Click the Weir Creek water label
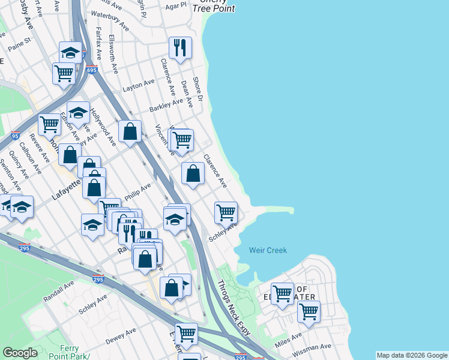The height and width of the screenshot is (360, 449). (x=268, y=250)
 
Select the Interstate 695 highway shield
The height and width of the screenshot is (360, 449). (x=91, y=70)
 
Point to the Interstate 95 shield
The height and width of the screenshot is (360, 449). (x=16, y=136)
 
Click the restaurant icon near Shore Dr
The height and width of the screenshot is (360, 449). (x=180, y=47)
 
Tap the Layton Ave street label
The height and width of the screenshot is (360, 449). (x=139, y=86)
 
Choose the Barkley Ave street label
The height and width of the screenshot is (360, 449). (x=166, y=106)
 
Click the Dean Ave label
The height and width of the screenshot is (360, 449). (x=187, y=94)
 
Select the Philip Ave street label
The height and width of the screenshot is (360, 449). (x=137, y=193)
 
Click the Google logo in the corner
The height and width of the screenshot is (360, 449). (x=20, y=353)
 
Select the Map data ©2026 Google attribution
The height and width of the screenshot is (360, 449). (x=411, y=355)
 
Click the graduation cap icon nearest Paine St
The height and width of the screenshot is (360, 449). (x=71, y=52)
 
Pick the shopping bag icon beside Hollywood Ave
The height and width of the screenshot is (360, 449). (x=130, y=131)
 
